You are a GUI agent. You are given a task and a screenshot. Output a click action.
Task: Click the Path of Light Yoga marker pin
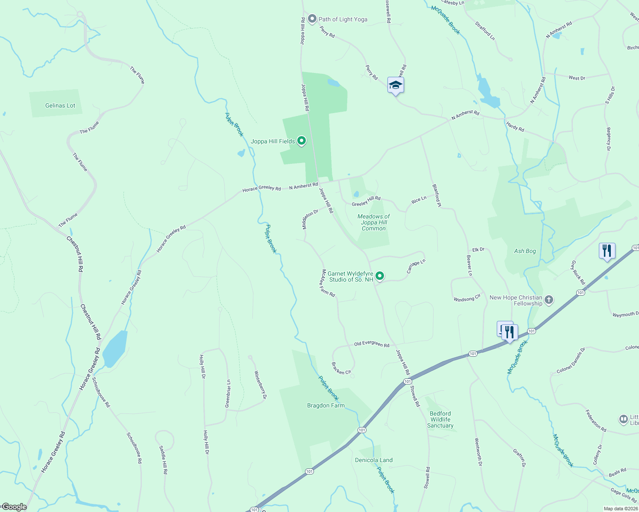312,19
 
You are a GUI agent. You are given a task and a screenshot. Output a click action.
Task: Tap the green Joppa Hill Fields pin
302,141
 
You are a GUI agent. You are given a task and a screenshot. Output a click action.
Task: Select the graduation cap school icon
396,85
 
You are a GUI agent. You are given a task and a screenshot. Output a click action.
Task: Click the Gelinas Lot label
60,105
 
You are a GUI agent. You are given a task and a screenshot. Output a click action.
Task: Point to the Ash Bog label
525,251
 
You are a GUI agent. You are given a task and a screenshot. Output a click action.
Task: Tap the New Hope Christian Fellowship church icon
549,300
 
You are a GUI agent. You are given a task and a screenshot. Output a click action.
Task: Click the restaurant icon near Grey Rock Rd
607,250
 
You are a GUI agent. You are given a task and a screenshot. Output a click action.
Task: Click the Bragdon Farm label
326,405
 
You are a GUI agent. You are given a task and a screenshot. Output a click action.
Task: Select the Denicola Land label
374,460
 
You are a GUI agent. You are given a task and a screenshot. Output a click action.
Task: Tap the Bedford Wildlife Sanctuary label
440,419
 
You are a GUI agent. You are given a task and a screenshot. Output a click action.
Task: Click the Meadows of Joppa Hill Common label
374,222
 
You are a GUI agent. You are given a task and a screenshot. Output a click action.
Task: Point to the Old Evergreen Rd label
372,344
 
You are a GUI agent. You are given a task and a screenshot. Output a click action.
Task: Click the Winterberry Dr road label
261,385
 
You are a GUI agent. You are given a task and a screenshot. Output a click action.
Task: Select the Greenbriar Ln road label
228,393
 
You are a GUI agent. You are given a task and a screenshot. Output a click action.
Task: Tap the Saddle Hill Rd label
163,460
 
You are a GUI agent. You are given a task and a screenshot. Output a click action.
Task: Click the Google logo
14,507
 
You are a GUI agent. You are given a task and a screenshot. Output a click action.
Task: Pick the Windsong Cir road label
467,297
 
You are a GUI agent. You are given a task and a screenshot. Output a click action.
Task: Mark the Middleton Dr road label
311,219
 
